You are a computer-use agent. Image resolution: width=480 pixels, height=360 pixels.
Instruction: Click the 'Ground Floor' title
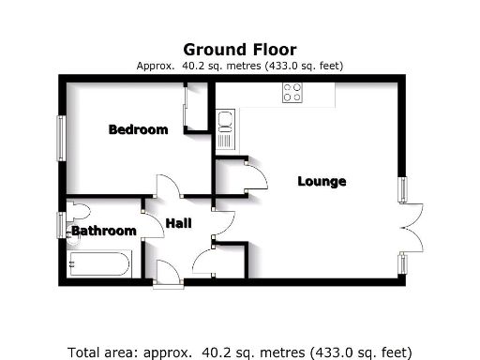239,49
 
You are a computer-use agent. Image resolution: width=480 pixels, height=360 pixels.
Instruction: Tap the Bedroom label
138,129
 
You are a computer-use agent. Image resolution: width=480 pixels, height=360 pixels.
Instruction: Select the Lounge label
322,181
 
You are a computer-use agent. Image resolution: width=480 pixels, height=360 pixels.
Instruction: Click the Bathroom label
104,231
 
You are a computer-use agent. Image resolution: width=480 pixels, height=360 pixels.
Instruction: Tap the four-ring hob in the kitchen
292,92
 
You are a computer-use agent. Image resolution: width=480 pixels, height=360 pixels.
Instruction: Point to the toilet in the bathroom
78,211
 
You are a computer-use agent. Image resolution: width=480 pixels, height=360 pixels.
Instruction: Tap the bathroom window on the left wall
61,226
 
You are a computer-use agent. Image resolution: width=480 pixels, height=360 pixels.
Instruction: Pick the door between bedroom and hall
165,187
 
